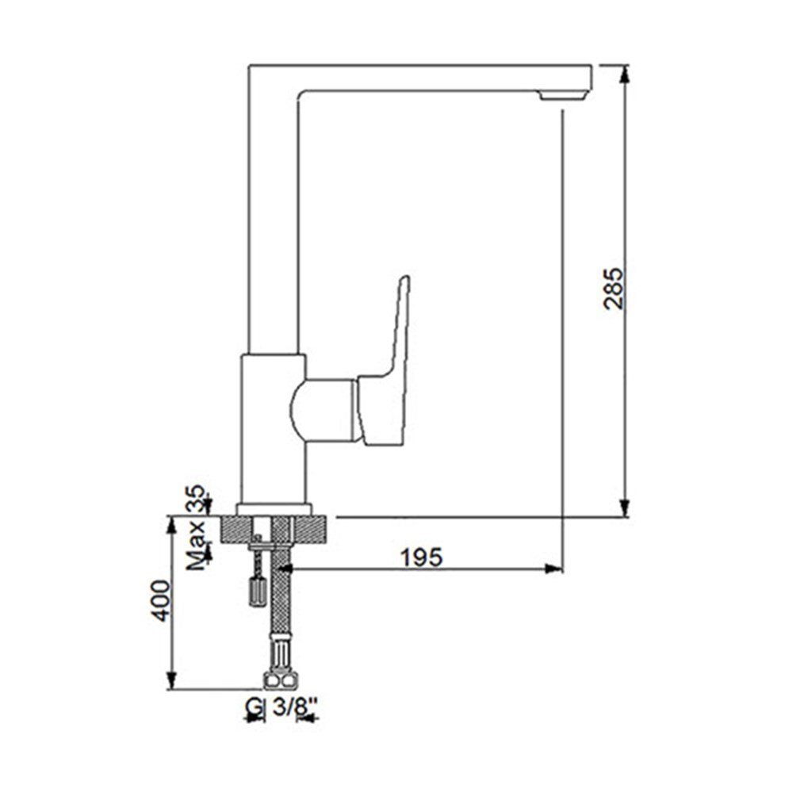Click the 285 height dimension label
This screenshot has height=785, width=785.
pyautogui.click(x=614, y=289)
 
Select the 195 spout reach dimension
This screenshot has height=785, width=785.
pyautogui.click(x=422, y=557)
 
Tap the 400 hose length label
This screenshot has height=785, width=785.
pyautogui.click(x=161, y=601)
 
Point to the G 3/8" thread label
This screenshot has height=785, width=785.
pyautogui.click(x=281, y=707)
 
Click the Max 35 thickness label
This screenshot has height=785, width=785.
pyautogui.click(x=197, y=527)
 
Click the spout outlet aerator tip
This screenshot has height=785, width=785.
pyautogui.click(x=563, y=95)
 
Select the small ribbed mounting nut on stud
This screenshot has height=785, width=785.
pyautogui.click(x=258, y=591)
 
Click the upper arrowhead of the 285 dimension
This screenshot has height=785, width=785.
pyautogui.click(x=624, y=75)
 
